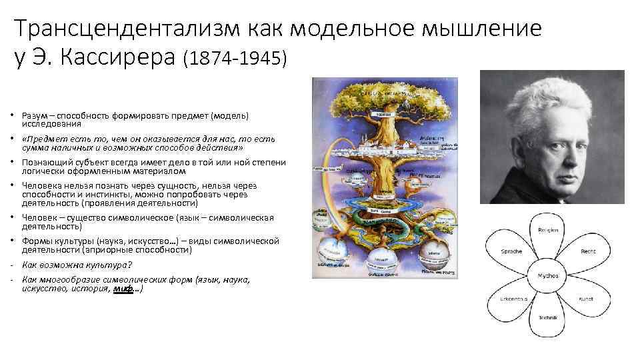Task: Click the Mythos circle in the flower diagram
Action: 548,274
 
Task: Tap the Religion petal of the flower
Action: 548,231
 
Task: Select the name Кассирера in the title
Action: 119,59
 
